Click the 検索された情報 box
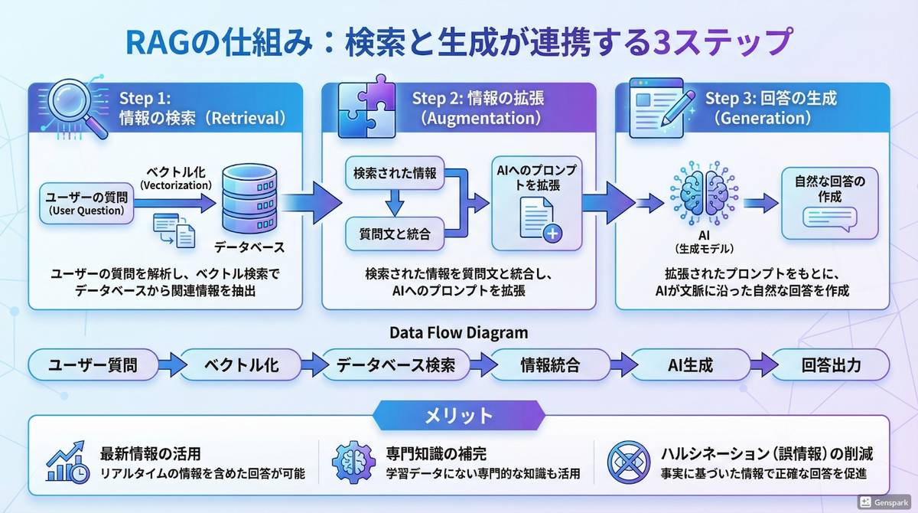(395, 174)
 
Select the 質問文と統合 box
(395, 234)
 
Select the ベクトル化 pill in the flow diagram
(241, 365)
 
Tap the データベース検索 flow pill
(396, 365)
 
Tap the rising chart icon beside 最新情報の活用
(67, 463)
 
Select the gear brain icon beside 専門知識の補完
(354, 463)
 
